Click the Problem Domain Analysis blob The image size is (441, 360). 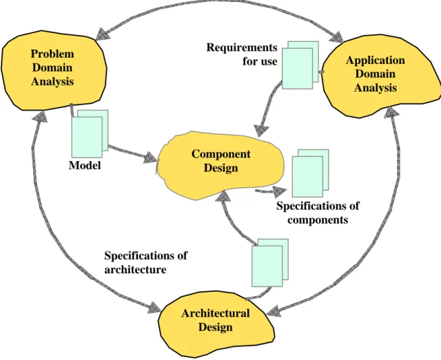point(54,70)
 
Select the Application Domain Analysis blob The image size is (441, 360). point(380,75)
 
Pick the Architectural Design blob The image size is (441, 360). point(216,324)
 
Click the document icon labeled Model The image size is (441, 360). point(90,134)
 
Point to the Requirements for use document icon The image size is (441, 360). point(300,65)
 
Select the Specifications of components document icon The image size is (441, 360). point(310,173)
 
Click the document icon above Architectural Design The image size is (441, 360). point(270,263)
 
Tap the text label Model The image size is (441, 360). point(85,165)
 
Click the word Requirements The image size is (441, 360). point(242,47)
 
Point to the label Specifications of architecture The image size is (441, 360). point(145,262)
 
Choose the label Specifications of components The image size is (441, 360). point(318,213)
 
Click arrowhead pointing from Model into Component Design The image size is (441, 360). point(151,158)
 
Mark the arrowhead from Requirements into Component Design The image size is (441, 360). point(261,130)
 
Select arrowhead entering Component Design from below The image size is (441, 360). point(223,196)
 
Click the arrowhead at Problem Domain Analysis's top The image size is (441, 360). point(103,34)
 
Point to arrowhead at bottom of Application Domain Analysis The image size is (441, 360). point(391,112)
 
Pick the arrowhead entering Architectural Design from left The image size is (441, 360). point(154,308)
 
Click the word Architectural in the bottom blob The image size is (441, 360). point(216,313)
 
